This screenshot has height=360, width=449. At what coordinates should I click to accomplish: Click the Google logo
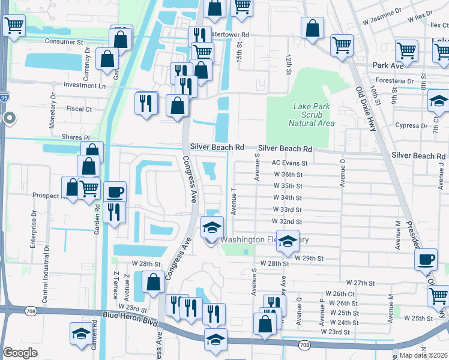[20, 352]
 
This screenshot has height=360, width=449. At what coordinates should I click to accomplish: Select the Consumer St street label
[65, 42]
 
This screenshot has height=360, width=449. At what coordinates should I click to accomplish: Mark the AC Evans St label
[289, 163]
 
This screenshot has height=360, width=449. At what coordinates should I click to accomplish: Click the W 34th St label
[287, 197]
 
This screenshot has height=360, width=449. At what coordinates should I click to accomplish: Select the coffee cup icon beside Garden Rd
[115, 193]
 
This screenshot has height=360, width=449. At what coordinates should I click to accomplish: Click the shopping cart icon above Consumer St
[14, 26]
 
